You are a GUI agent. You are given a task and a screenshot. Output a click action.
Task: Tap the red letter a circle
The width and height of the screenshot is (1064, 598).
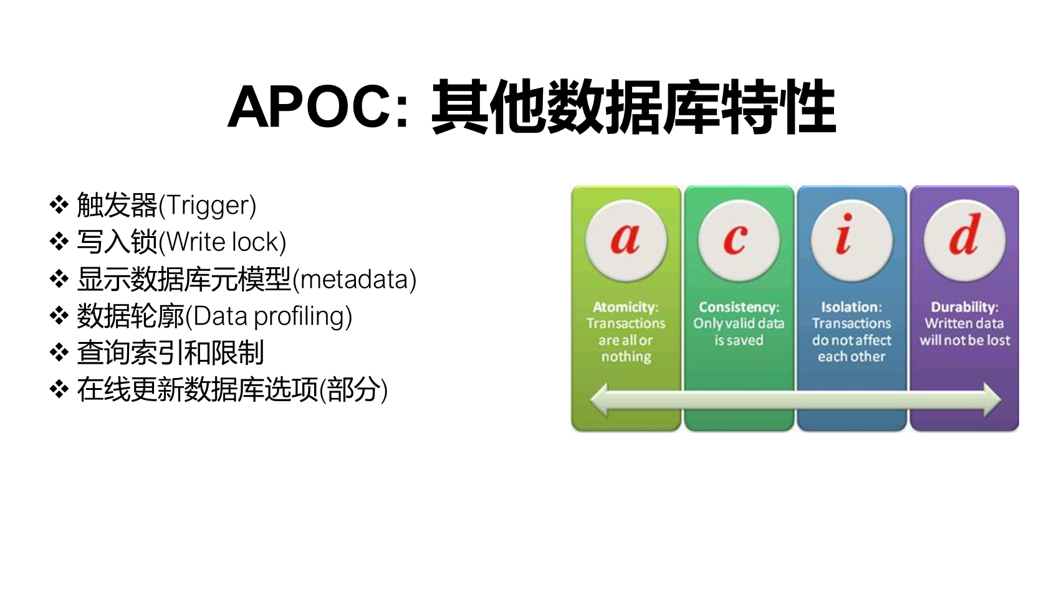pyautogui.click(x=626, y=240)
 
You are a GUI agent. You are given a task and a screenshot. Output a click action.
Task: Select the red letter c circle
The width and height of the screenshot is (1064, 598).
pyautogui.click(x=739, y=240)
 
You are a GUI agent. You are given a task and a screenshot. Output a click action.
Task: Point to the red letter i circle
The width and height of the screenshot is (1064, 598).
pyautogui.click(x=851, y=240)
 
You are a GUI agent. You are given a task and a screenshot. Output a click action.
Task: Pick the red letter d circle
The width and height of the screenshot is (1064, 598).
pyautogui.click(x=964, y=240)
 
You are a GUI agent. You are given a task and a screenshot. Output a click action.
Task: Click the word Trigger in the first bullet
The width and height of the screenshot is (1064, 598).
pyautogui.click(x=207, y=206)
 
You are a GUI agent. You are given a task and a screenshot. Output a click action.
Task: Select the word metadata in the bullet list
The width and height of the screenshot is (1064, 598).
pyautogui.click(x=354, y=280)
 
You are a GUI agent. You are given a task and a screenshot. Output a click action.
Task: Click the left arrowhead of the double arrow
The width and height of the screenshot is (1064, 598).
pyautogui.click(x=600, y=400)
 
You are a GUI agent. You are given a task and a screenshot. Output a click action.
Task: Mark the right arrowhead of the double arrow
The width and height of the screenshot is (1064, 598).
pyautogui.click(x=992, y=400)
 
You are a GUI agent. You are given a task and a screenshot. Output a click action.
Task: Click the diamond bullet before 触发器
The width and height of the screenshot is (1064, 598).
pyautogui.click(x=59, y=204)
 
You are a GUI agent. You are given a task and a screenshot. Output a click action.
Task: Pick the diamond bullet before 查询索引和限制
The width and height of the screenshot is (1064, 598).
pyautogui.click(x=59, y=353)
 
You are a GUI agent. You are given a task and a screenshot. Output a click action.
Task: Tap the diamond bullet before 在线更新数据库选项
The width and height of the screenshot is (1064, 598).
pyautogui.click(x=59, y=390)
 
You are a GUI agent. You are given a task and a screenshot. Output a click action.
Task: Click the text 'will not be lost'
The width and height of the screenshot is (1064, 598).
pyautogui.click(x=965, y=340)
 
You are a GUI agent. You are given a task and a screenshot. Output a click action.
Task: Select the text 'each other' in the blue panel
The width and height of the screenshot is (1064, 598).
pyautogui.click(x=851, y=356)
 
